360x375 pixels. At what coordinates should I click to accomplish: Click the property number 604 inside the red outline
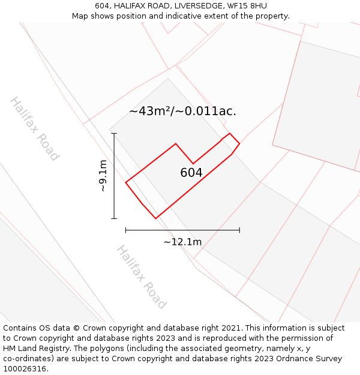pos(191,173)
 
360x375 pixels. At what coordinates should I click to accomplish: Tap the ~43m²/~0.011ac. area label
pos(182,111)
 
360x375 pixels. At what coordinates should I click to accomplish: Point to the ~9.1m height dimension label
pos(103,175)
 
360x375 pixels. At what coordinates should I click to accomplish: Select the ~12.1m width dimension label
pos(182,242)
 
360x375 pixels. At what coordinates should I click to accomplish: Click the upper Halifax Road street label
pos(35,128)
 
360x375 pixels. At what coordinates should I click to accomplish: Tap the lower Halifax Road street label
pos(141,277)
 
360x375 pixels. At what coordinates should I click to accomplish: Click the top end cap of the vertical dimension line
pos(114,133)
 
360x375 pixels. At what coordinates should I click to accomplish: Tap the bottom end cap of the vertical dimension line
pos(114,218)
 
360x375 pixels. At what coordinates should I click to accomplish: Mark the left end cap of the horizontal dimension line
pos(125,230)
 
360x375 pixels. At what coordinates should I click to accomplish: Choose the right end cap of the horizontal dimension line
pos(239,230)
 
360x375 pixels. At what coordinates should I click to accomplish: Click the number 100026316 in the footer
pos(25,369)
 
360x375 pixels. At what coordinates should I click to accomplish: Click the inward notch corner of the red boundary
pos(193,163)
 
